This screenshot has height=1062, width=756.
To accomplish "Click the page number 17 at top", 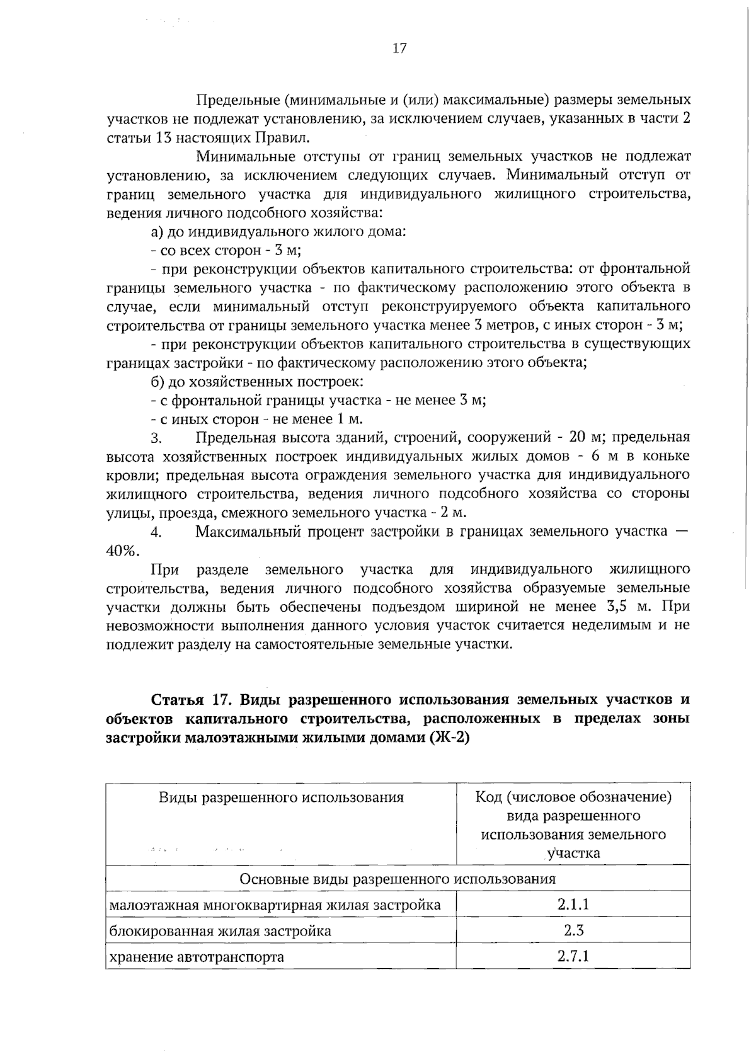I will (399, 49).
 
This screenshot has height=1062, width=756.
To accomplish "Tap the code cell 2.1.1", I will (573, 905).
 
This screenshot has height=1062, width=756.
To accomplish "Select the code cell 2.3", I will (573, 930).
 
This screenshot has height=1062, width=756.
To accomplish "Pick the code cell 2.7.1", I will (573, 956).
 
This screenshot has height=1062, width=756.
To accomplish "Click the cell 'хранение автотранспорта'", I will (197, 957).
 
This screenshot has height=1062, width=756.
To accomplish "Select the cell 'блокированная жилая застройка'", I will (220, 931).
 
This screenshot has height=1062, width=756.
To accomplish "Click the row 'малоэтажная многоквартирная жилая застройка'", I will (275, 905).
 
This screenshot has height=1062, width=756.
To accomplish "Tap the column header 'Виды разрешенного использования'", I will (280, 797).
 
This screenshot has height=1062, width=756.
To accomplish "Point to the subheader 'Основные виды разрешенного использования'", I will (398, 879).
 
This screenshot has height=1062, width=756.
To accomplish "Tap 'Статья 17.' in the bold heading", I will (183, 700).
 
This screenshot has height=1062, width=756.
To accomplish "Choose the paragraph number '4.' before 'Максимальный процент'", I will (157, 532).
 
